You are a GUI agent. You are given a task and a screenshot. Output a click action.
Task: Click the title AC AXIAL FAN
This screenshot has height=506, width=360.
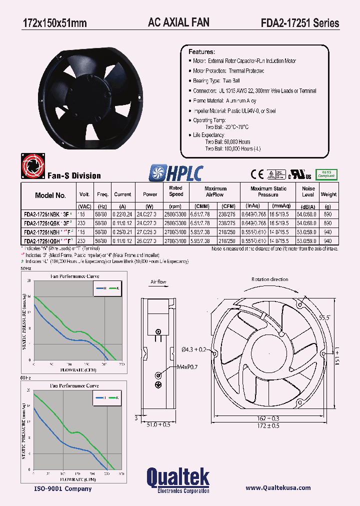point(178,22)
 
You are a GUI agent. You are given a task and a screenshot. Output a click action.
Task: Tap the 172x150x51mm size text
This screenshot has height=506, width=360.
point(54,23)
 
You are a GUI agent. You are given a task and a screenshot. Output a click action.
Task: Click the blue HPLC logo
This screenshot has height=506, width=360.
point(175,173)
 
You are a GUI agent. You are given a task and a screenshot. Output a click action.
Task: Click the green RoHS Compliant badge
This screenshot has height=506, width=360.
point(326,174)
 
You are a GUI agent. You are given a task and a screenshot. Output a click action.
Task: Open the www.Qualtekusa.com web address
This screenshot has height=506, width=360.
point(278,488)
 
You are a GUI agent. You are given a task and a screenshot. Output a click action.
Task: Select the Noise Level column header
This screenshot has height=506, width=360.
point(308,191)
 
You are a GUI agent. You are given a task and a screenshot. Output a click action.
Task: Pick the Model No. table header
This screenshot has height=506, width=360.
point(50,195)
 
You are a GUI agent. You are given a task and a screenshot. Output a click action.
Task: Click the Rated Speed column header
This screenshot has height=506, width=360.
point(176,191)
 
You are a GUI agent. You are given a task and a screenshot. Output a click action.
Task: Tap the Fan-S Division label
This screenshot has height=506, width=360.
point(74,175)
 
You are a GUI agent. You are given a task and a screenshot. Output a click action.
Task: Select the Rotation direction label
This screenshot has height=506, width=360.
point(269,279)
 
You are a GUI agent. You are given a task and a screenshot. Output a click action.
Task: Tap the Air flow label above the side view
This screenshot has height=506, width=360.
point(158,282)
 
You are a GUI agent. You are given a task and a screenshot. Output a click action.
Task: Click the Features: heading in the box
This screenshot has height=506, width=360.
point(201,52)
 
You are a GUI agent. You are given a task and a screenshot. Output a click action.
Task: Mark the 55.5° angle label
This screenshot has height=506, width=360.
point(325,317)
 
